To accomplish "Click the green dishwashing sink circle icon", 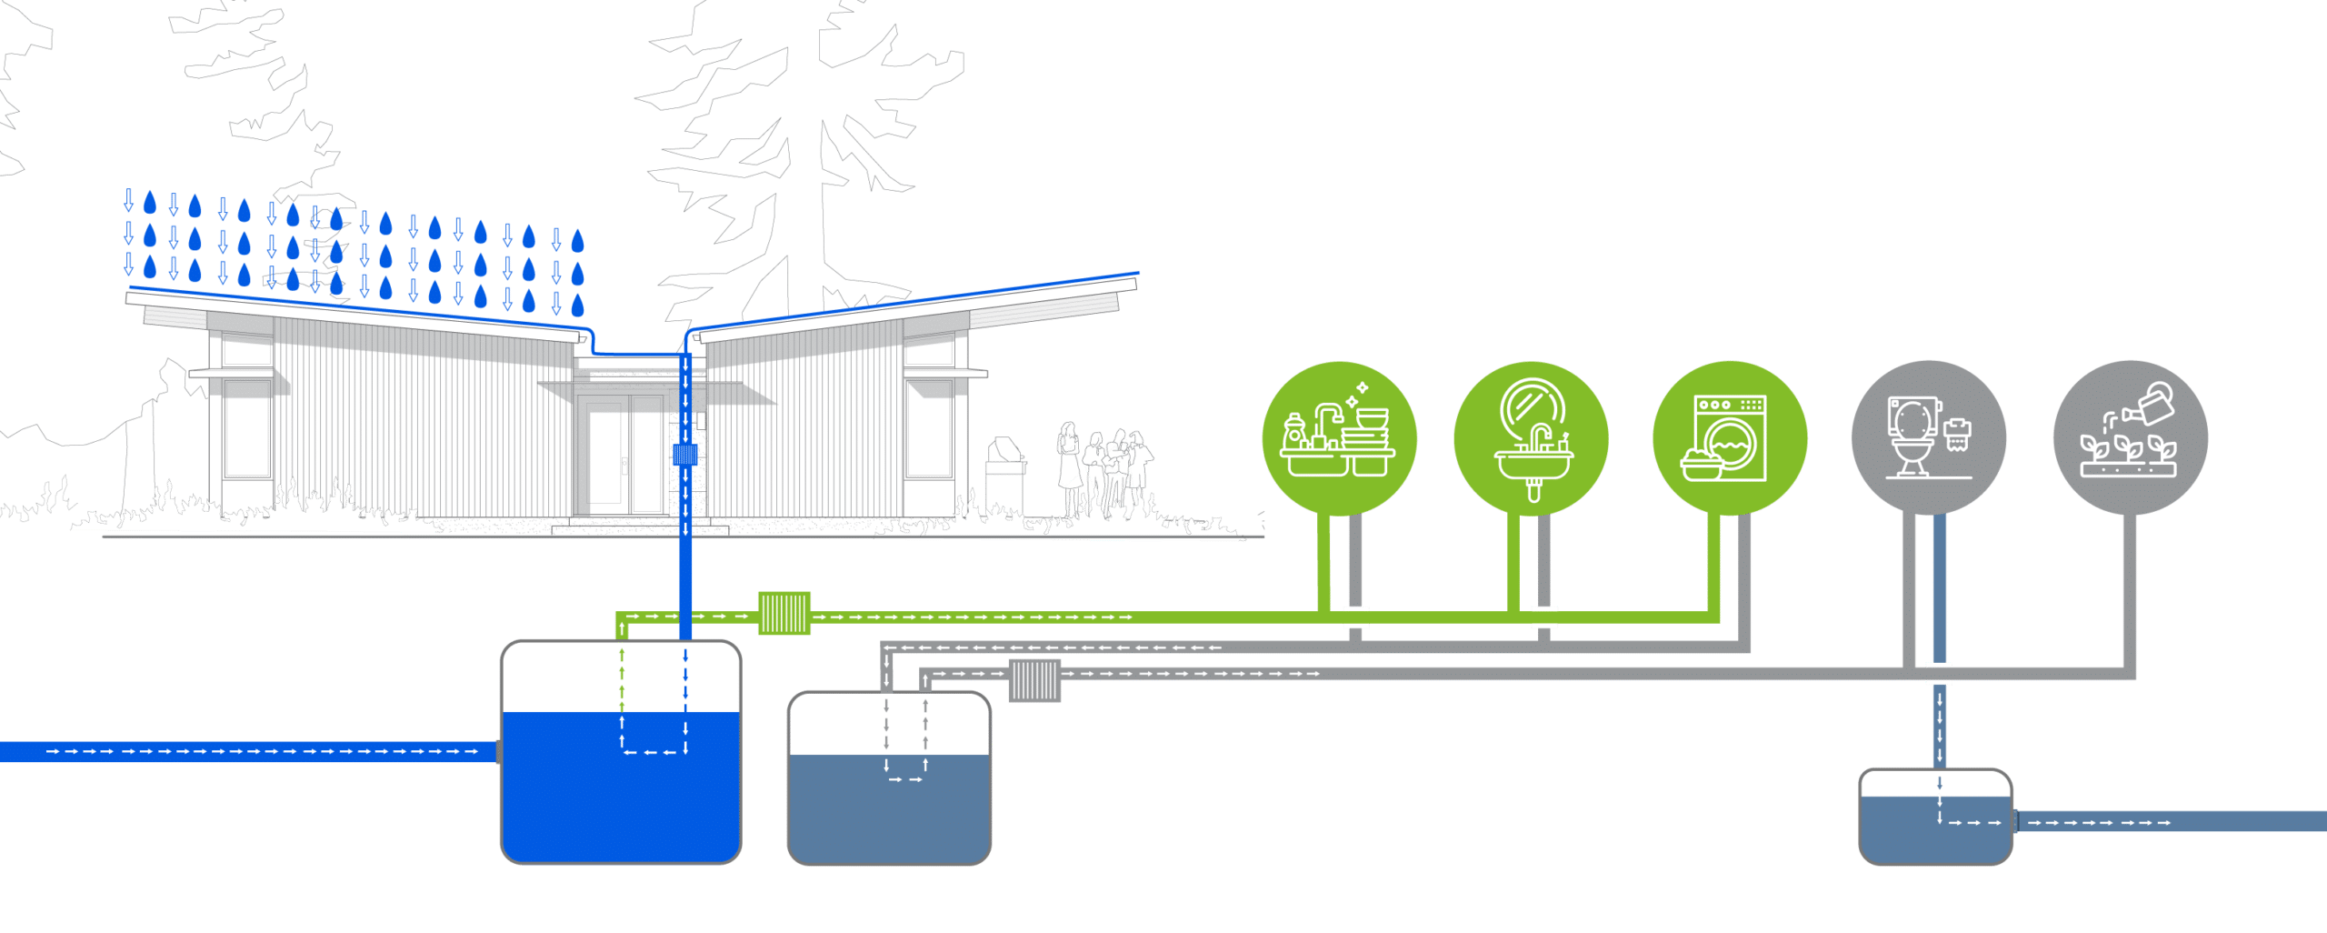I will (1339, 438).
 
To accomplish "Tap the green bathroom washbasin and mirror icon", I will (1531, 438).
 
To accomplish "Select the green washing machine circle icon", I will (1730, 438).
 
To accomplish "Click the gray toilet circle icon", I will (1929, 438).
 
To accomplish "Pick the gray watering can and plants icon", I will (2130, 438).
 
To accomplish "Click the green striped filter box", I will (784, 613).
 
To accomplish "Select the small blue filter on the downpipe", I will (684, 454).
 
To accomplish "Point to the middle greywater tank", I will (889, 805).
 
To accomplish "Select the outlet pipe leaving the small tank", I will (2172, 822).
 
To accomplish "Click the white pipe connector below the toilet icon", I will (1939, 674).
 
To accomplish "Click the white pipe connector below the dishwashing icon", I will (1355, 617).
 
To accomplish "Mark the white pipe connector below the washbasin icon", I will (1544, 617).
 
